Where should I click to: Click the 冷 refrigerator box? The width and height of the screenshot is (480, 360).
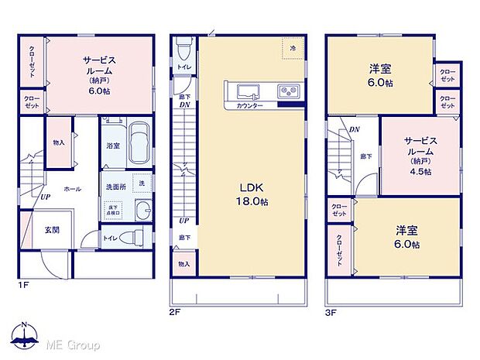[x=293, y=48]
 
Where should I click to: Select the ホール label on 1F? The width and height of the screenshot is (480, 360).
[x=72, y=188]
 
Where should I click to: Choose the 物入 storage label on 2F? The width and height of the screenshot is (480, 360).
[x=183, y=264]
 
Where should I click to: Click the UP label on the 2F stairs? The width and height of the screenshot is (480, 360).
[x=183, y=219]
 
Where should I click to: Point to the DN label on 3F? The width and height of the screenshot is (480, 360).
[x=354, y=129]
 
